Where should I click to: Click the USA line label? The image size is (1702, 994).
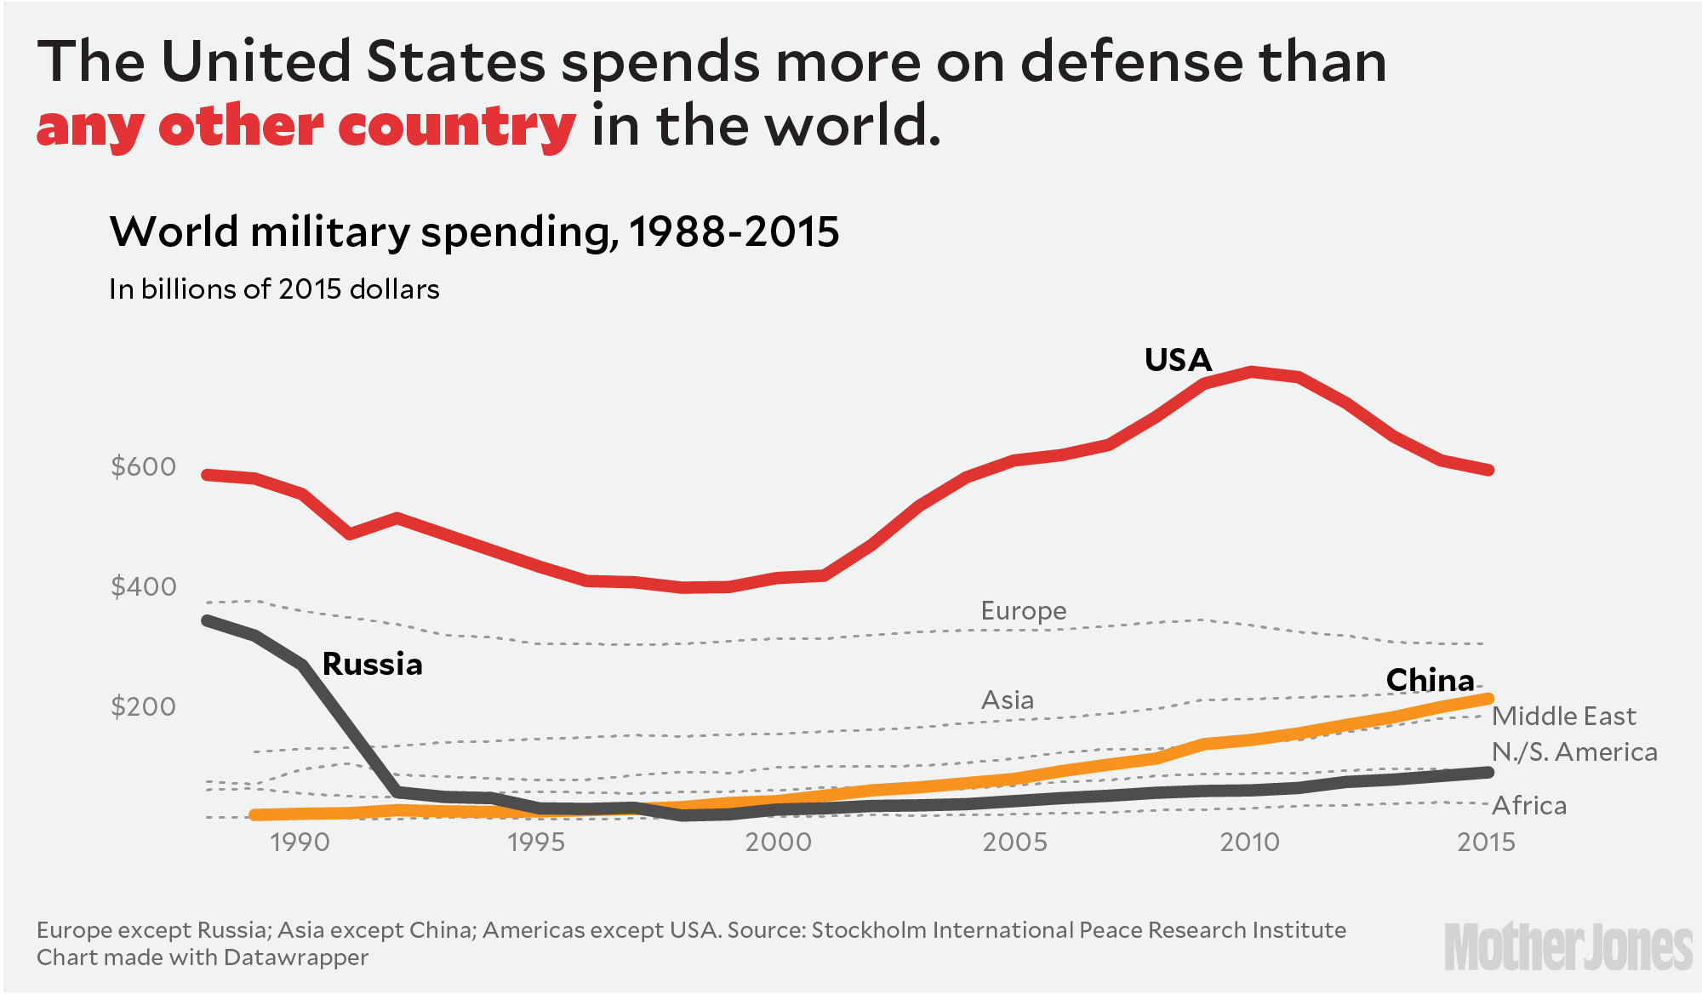1178,360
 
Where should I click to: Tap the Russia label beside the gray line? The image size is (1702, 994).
372,665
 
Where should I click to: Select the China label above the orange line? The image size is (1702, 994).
1430,680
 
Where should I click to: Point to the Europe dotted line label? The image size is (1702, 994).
1023,611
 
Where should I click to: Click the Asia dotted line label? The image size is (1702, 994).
1008,700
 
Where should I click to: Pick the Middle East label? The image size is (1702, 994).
1563,717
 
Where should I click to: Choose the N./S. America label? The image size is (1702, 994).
1574,752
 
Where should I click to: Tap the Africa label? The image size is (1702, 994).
1529,806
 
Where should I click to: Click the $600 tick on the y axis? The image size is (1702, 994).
143,467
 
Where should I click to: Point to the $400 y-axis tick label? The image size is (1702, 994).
143,587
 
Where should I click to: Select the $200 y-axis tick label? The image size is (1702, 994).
143,707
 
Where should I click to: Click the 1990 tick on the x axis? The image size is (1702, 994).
300,843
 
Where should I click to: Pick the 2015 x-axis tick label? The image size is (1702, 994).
1486,843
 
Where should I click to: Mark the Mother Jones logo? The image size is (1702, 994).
1568,947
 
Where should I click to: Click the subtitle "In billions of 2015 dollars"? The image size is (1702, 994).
274,289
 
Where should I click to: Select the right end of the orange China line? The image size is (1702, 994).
1488,699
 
